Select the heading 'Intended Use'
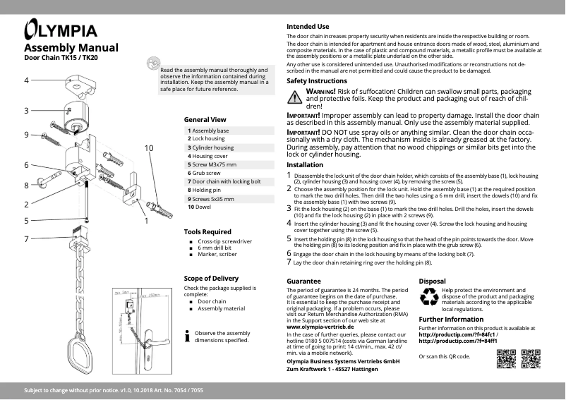pos(308,27)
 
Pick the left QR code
pos(507,359)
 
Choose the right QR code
pos(531,359)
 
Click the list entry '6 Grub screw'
pos(205,173)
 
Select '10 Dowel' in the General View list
pos(200,207)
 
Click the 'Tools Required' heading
pos(207,231)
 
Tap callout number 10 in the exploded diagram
pos(149,148)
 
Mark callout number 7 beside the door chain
pos(26,238)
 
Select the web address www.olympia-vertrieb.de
pos(320,327)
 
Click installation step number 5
pos(289,238)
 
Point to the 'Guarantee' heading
pos(303,281)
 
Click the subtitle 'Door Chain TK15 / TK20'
pos(61,57)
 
